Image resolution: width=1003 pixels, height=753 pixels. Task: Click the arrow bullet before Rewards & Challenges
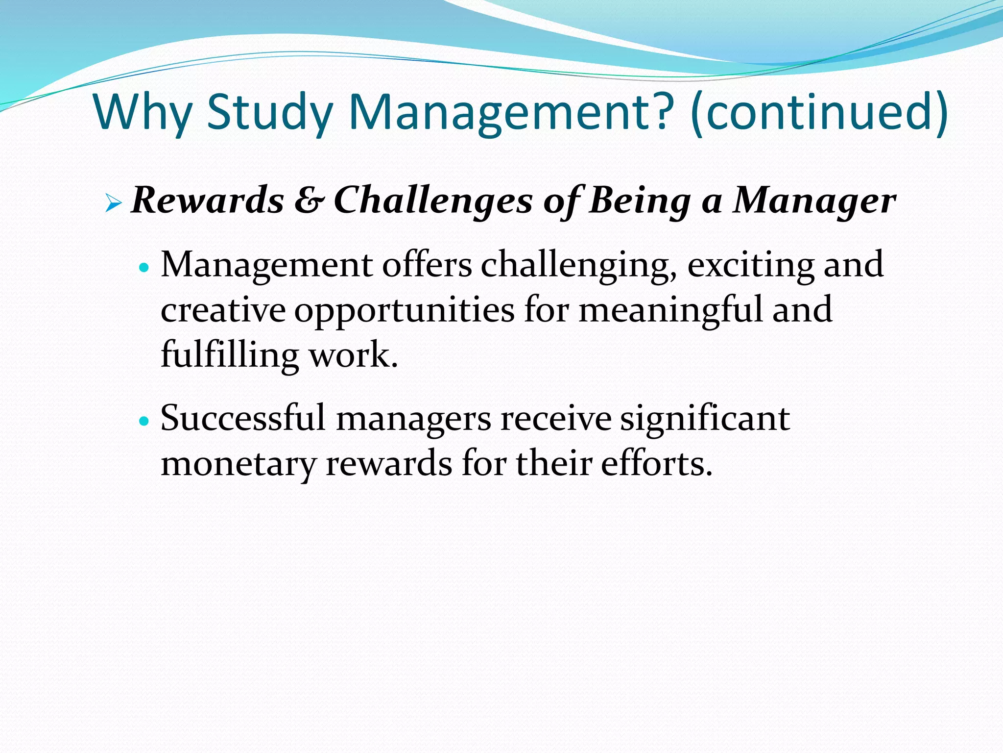[113, 202]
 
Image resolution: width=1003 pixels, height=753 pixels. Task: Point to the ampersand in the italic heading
[309, 201]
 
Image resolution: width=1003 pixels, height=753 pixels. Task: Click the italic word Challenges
[433, 201]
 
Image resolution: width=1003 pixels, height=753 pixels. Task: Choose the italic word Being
[640, 201]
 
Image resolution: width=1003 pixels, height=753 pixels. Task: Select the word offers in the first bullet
[427, 265]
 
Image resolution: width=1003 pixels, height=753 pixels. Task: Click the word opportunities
[405, 311]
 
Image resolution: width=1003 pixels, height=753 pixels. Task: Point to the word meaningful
[670, 310]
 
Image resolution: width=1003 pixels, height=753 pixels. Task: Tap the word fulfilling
[229, 355]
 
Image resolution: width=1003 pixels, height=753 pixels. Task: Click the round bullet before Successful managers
[143, 421]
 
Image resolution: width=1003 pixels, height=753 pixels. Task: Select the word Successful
[243, 418]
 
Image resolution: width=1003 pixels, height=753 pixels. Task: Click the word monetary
[239, 464]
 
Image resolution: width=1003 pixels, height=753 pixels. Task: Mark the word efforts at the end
[656, 463]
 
